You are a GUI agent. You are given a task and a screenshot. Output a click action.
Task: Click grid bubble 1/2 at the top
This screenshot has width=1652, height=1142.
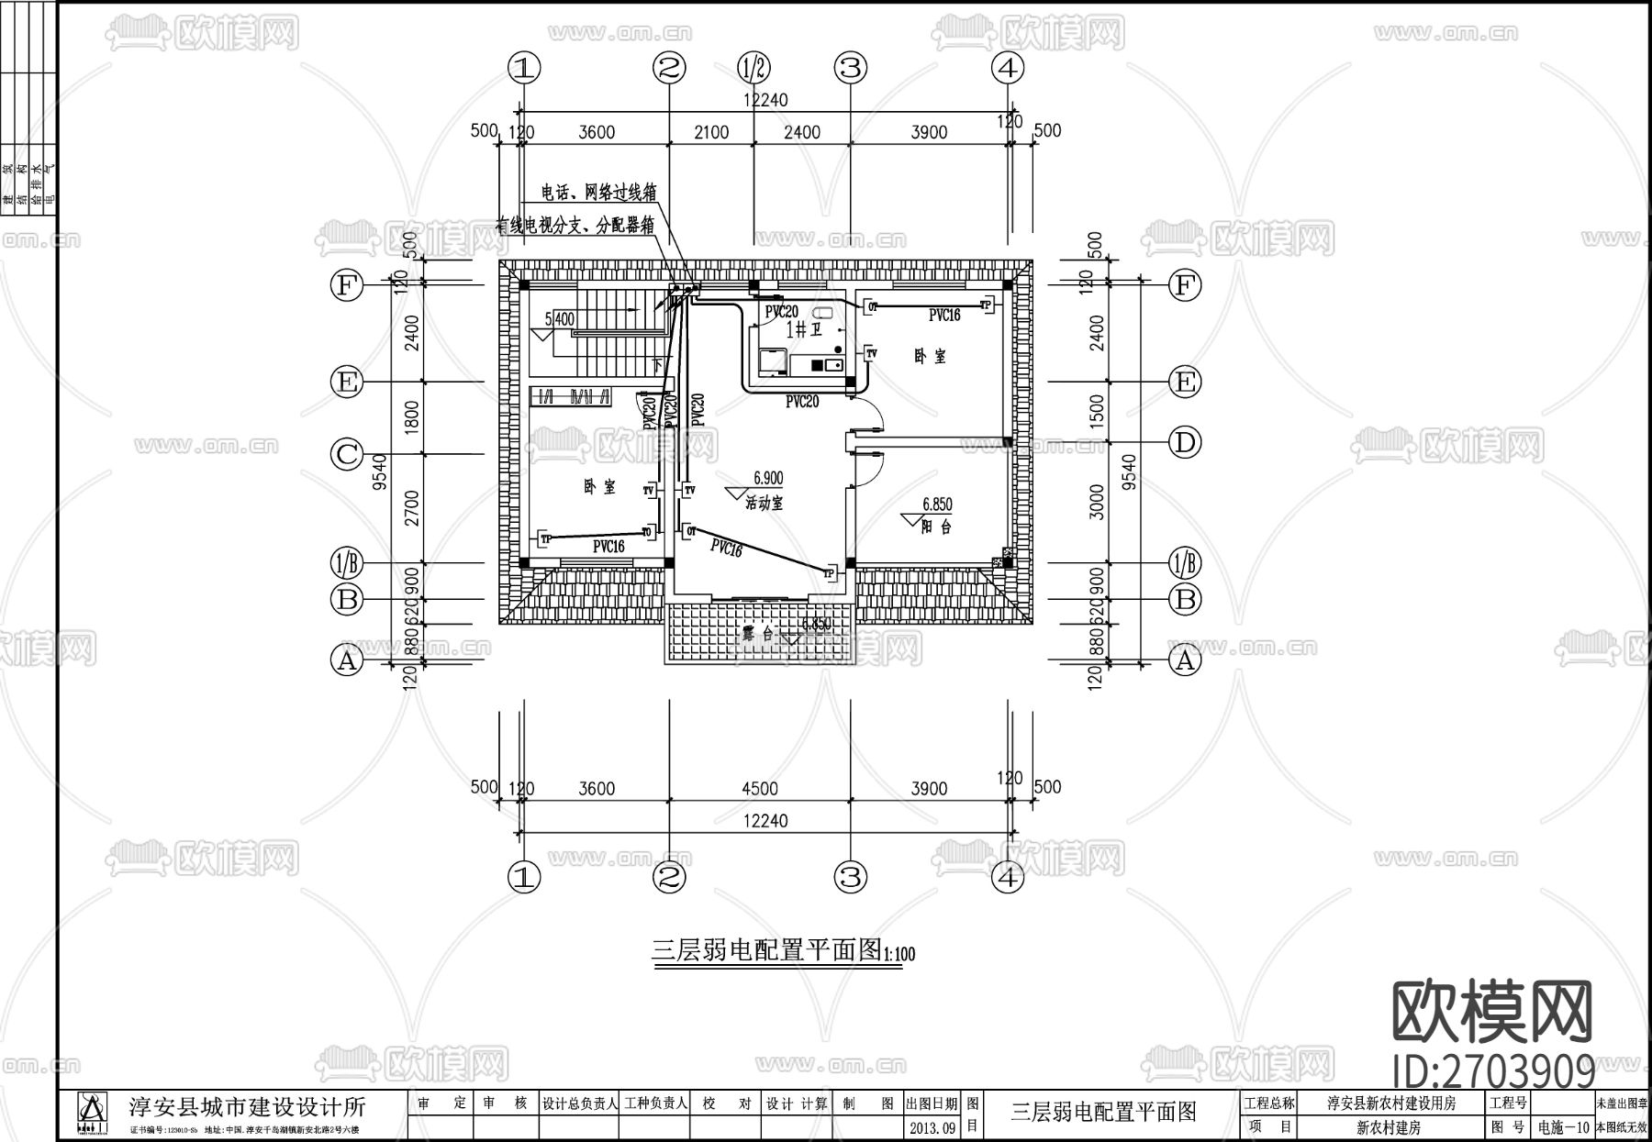pyautogui.click(x=753, y=67)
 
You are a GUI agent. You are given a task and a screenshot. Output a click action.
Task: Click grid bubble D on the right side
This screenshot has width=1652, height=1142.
pyautogui.click(x=1184, y=443)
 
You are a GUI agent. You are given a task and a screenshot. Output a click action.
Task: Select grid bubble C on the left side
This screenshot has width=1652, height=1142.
pyautogui.click(x=347, y=455)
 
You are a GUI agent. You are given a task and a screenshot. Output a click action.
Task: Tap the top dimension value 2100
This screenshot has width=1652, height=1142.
pyautogui.click(x=711, y=132)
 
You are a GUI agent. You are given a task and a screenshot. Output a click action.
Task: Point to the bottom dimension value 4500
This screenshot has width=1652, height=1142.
pyautogui.click(x=759, y=789)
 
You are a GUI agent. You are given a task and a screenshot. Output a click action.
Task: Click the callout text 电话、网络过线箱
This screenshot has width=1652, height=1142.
pyautogui.click(x=598, y=193)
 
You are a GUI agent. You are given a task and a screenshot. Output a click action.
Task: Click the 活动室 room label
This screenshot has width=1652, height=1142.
pyautogui.click(x=764, y=503)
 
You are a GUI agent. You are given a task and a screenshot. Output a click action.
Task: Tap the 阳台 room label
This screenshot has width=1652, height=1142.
pyautogui.click(x=935, y=527)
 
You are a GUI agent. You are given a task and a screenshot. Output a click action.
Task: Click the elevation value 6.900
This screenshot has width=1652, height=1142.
pyautogui.click(x=768, y=478)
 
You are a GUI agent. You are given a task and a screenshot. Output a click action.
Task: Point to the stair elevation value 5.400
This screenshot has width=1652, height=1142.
pyautogui.click(x=559, y=319)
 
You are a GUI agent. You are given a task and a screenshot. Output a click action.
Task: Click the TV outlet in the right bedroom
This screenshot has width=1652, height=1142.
pyautogui.click(x=871, y=352)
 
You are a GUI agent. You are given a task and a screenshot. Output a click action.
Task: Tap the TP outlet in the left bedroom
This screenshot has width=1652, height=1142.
pyautogui.click(x=545, y=539)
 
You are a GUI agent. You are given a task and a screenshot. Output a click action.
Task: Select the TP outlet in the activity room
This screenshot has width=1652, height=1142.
pyautogui.click(x=829, y=573)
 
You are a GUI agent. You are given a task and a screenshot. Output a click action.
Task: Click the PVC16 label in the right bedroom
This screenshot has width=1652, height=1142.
pyautogui.click(x=943, y=315)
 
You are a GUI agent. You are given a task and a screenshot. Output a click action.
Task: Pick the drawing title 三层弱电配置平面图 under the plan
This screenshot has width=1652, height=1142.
pyautogui.click(x=766, y=949)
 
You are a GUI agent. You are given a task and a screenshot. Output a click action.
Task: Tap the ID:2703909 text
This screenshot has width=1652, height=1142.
pyautogui.click(x=1493, y=1070)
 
